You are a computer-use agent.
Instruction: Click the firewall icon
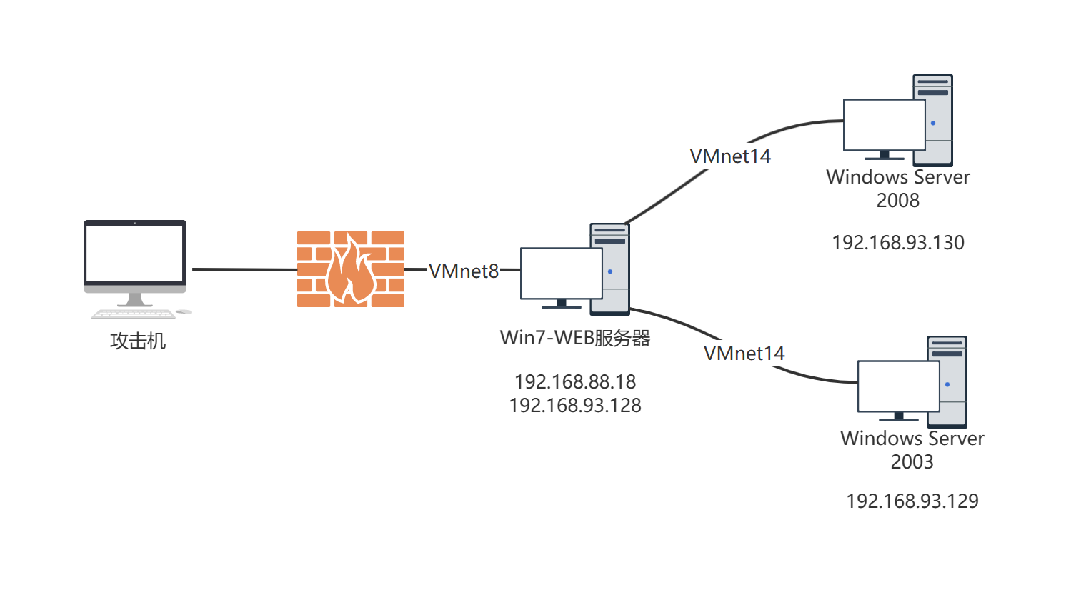coord(351,269)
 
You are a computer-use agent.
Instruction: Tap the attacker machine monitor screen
coord(135,254)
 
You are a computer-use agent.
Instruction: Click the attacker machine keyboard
coord(133,314)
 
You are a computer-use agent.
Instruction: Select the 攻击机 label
coord(138,341)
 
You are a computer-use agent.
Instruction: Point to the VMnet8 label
coord(464,271)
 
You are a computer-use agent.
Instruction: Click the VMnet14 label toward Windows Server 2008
coord(730,156)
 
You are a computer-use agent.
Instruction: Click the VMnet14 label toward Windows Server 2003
coord(744,353)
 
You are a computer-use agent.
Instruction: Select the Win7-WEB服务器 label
coord(575,337)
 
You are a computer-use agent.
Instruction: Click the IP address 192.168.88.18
coord(575,381)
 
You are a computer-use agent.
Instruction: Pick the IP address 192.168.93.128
coord(575,405)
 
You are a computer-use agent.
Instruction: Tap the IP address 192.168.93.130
coord(898,242)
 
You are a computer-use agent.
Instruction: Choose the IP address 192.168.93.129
coord(912,501)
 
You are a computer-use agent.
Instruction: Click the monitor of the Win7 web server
coord(561,273)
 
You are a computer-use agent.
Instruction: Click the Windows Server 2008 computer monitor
coord(884,124)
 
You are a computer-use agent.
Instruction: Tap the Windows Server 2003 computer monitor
coord(898,386)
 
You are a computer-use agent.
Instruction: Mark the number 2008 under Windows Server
coord(898,200)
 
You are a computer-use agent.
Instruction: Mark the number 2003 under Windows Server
coord(912,461)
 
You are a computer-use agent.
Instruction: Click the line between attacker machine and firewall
coord(243,269)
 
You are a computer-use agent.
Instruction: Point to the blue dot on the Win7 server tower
coord(610,271)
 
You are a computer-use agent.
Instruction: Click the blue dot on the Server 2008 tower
coord(933,123)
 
